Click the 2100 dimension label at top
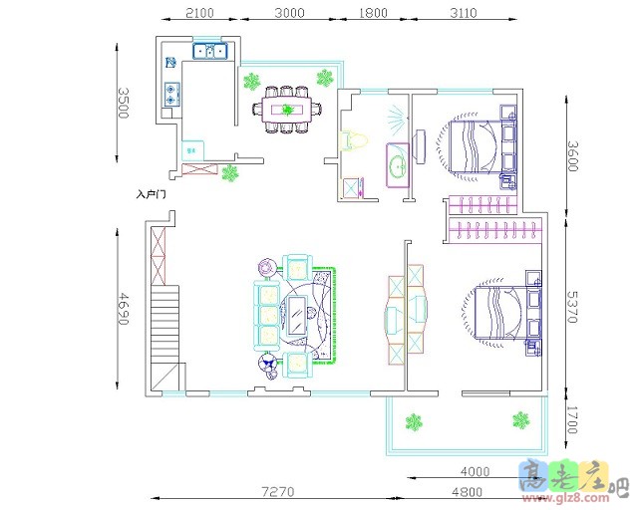[x=199, y=13]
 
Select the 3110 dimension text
[x=464, y=13]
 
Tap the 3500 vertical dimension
[x=124, y=103]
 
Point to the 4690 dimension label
[x=124, y=309]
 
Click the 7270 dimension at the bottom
[x=278, y=492]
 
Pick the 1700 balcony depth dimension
[x=572, y=419]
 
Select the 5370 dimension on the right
[x=572, y=307]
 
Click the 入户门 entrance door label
[x=151, y=194]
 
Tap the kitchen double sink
[x=210, y=51]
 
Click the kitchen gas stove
[x=172, y=95]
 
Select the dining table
[x=287, y=109]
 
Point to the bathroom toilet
[x=353, y=140]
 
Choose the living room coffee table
[x=297, y=316]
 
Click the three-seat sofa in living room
[x=267, y=315]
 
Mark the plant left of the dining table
[x=252, y=82]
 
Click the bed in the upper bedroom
[x=477, y=146]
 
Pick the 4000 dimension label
[x=475, y=472]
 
